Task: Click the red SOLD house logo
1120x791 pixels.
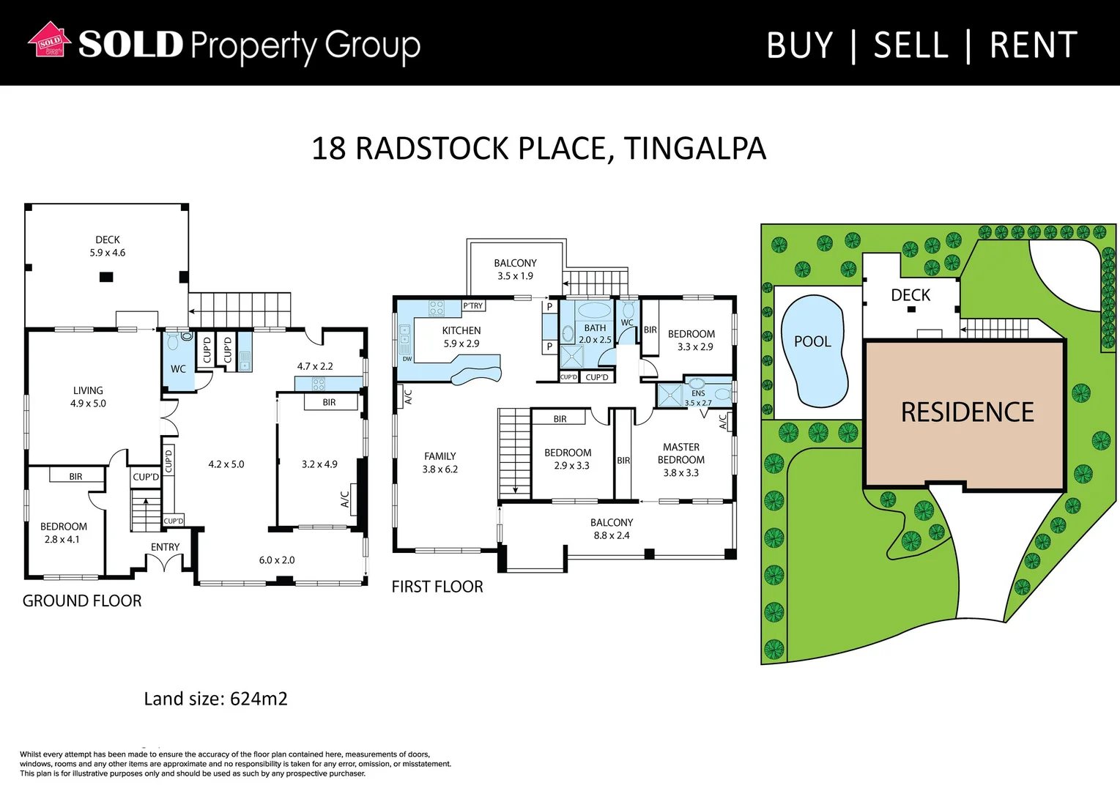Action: (49, 40)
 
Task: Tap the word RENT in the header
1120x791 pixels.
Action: (1033, 45)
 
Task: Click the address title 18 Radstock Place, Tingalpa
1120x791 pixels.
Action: (538, 149)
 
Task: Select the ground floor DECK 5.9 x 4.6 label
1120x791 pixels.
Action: (108, 246)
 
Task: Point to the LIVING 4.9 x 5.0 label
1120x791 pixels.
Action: (88, 397)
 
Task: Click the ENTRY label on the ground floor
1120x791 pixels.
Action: (165, 547)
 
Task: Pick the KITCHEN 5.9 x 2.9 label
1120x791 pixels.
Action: (461, 337)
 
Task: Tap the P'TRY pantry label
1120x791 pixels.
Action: (473, 306)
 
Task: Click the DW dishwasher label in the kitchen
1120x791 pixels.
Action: (407, 359)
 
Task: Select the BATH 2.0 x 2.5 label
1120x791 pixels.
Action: (595, 334)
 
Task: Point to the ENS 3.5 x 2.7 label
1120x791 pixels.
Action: (698, 398)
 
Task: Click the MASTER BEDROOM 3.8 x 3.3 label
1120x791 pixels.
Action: (681, 460)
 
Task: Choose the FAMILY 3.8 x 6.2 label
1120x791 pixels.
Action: (440, 463)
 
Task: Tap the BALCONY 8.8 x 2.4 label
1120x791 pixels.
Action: (612, 529)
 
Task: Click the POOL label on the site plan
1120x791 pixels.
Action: (812, 341)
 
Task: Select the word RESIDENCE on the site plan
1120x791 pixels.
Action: (967, 412)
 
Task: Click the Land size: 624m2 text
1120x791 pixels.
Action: (215, 699)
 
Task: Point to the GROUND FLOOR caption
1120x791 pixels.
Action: (82, 601)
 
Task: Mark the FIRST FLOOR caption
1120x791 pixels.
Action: (437, 587)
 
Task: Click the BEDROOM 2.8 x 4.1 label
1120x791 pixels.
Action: (63, 533)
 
